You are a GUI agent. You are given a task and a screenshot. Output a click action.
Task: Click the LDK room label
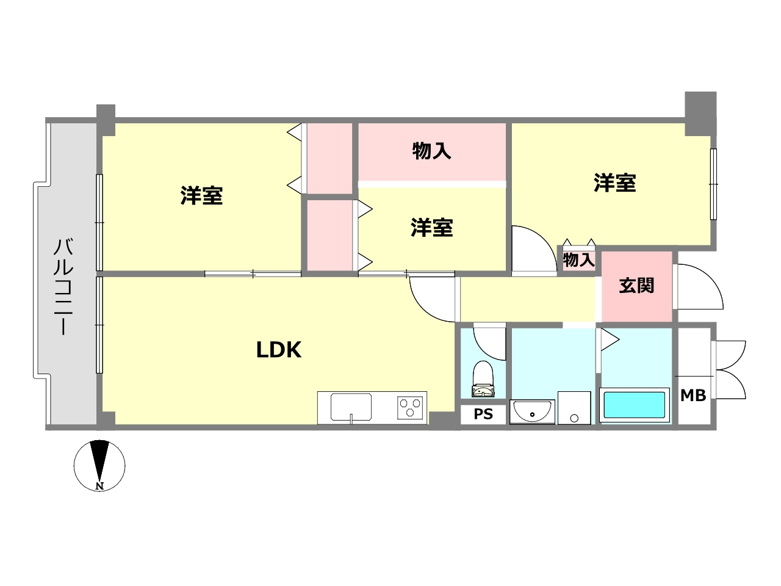point(278,350)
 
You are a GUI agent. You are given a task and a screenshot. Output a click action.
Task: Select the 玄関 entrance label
point(636,285)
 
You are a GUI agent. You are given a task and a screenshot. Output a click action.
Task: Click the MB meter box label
point(693,395)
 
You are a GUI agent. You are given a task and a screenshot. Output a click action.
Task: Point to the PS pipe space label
point(483,414)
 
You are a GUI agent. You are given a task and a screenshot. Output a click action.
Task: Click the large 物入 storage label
point(431,150)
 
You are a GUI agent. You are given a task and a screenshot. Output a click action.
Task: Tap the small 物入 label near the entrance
point(578,260)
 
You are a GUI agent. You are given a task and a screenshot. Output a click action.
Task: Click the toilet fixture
point(483,378)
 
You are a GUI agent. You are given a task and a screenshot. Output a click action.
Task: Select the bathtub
point(634,405)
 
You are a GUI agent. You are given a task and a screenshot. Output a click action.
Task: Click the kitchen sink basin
point(351,407)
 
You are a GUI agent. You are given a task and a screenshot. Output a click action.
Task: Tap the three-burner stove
point(410,407)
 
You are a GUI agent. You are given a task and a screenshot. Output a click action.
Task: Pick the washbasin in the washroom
point(532,412)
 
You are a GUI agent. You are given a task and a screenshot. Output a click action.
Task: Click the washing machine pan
point(574,407)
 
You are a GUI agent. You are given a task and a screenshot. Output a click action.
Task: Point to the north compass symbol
point(99,465)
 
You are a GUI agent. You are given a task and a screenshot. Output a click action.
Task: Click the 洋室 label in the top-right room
point(614,183)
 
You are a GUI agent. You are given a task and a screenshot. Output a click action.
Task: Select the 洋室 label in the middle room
point(431,228)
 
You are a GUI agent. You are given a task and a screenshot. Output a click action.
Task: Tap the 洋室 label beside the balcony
point(201,195)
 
